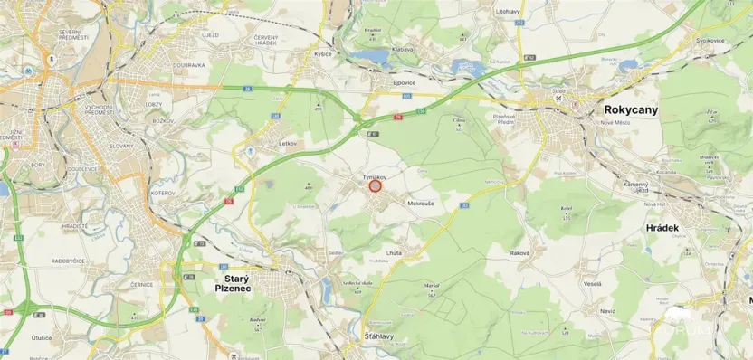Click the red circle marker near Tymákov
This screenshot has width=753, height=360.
375,186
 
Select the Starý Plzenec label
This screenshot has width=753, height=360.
232,280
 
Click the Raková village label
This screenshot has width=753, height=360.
519,252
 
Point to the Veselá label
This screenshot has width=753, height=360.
593,283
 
